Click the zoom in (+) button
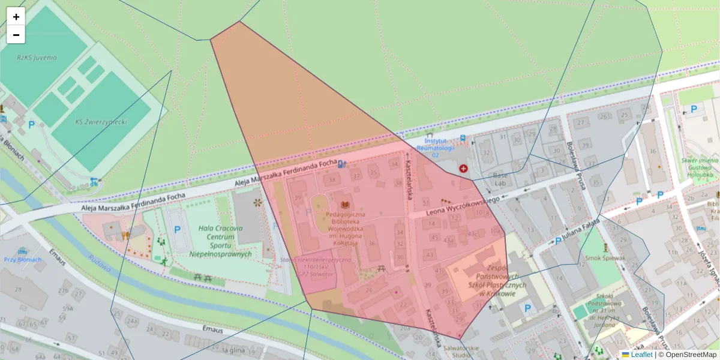pyautogui.click(x=16, y=17)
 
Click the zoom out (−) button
pyautogui.click(x=16, y=35)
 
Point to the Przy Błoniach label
pyautogui.click(x=23, y=259)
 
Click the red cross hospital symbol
pyautogui.click(x=463, y=169)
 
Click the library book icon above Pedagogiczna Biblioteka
pyautogui.click(x=345, y=205)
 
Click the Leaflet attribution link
pyautogui.click(x=641, y=355)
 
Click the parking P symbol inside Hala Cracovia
pyautogui.click(x=177, y=229)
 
